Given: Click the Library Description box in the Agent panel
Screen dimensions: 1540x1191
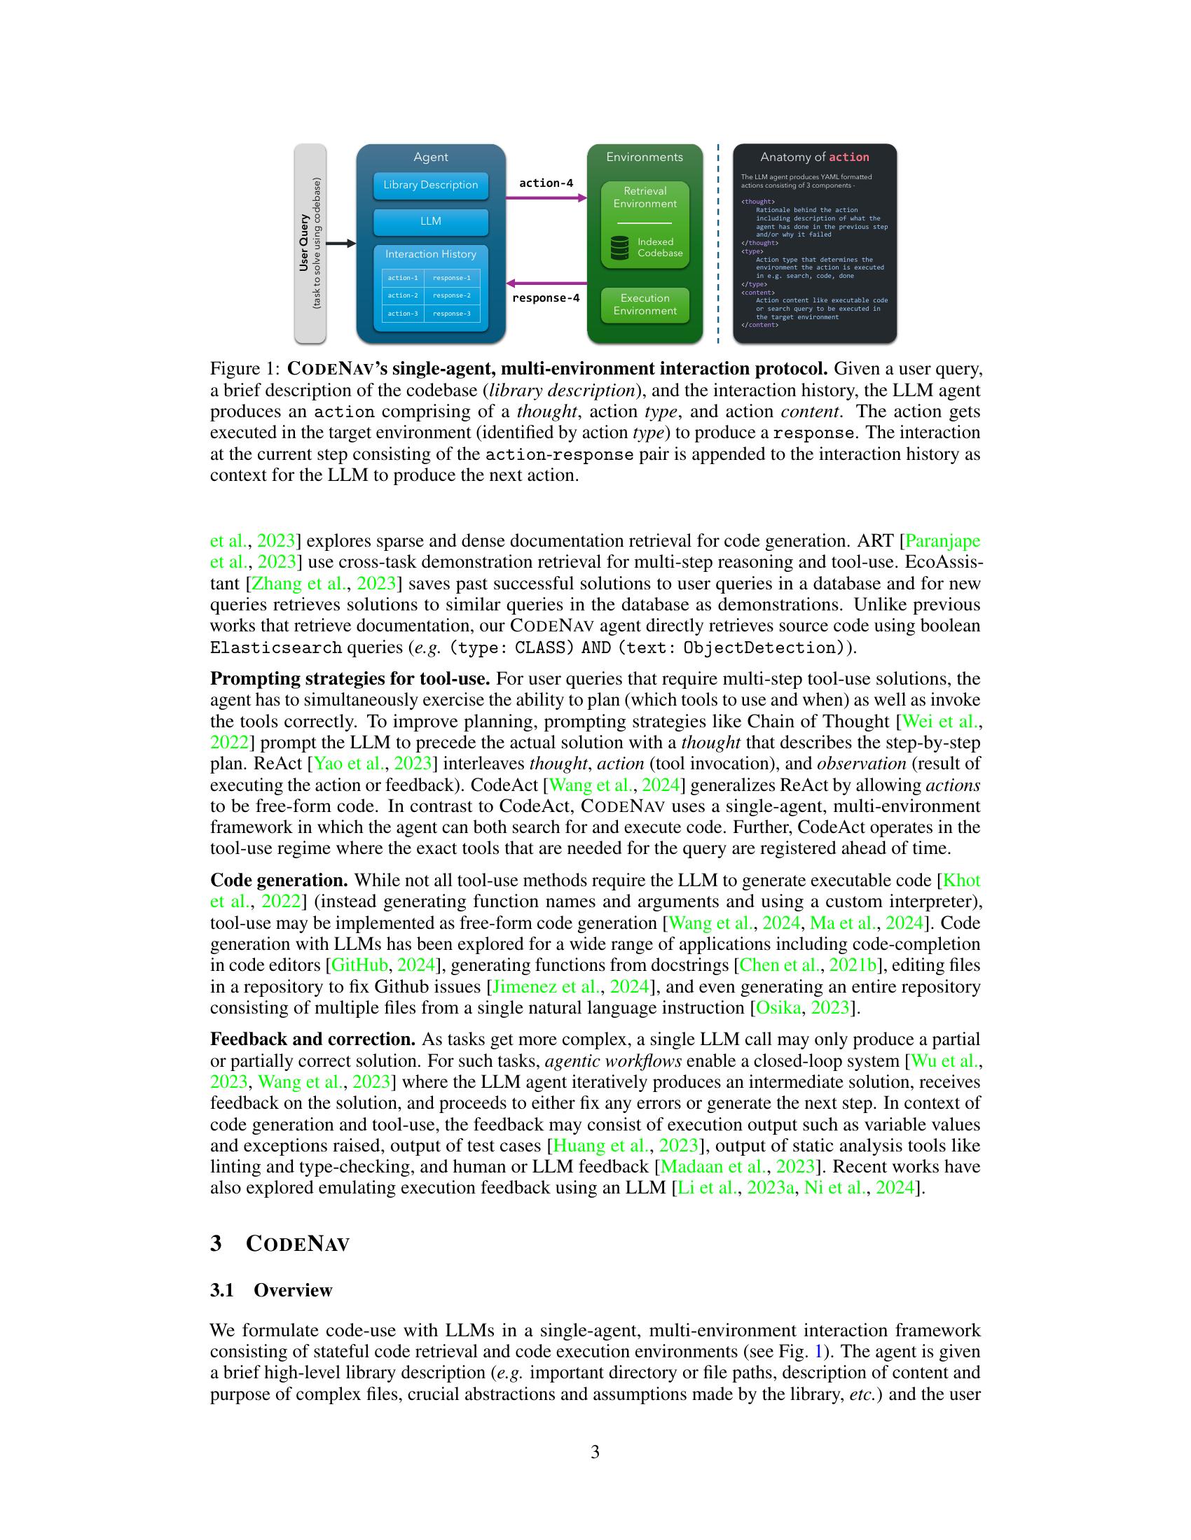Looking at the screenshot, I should click(x=430, y=185).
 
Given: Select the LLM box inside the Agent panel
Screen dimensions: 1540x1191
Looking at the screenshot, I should click(x=430, y=221).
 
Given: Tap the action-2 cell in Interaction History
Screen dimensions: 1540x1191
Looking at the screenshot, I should click(x=403, y=295).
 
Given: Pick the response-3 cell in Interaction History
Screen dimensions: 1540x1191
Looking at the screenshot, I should click(x=452, y=314).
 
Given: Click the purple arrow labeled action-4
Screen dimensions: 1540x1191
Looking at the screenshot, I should click(x=546, y=198).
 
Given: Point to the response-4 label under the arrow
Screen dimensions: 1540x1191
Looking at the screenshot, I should click(x=545, y=298).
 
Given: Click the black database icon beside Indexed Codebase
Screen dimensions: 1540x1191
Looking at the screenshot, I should click(x=619, y=248).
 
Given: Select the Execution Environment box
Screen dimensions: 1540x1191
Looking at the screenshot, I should click(x=645, y=304).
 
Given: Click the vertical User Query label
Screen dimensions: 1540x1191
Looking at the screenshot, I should click(x=304, y=244).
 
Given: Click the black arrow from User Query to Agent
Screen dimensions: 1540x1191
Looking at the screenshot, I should click(x=341, y=244).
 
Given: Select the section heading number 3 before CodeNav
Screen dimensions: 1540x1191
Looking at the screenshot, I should click(x=216, y=1243).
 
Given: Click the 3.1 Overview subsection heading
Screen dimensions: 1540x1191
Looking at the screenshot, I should click(x=271, y=1289).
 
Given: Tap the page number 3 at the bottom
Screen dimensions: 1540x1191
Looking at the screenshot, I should click(x=595, y=1452).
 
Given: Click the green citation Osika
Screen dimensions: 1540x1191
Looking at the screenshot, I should click(x=778, y=1007).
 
